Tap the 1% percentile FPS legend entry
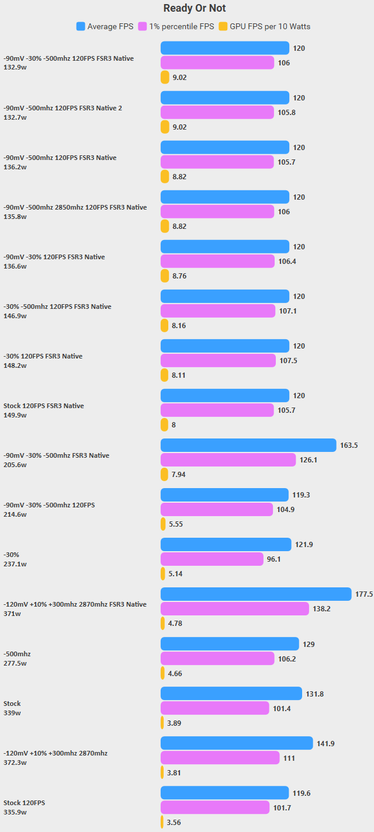click(x=176, y=26)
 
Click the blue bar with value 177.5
click(x=256, y=594)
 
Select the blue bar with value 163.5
click(x=248, y=445)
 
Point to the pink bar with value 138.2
click(x=235, y=609)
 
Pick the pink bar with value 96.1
click(x=212, y=559)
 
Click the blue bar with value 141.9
click(x=237, y=743)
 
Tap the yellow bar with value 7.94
click(x=164, y=474)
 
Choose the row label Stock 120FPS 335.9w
click(x=24, y=807)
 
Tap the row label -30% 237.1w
click(x=15, y=559)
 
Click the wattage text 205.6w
click(x=15, y=465)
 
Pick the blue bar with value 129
click(x=230, y=644)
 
